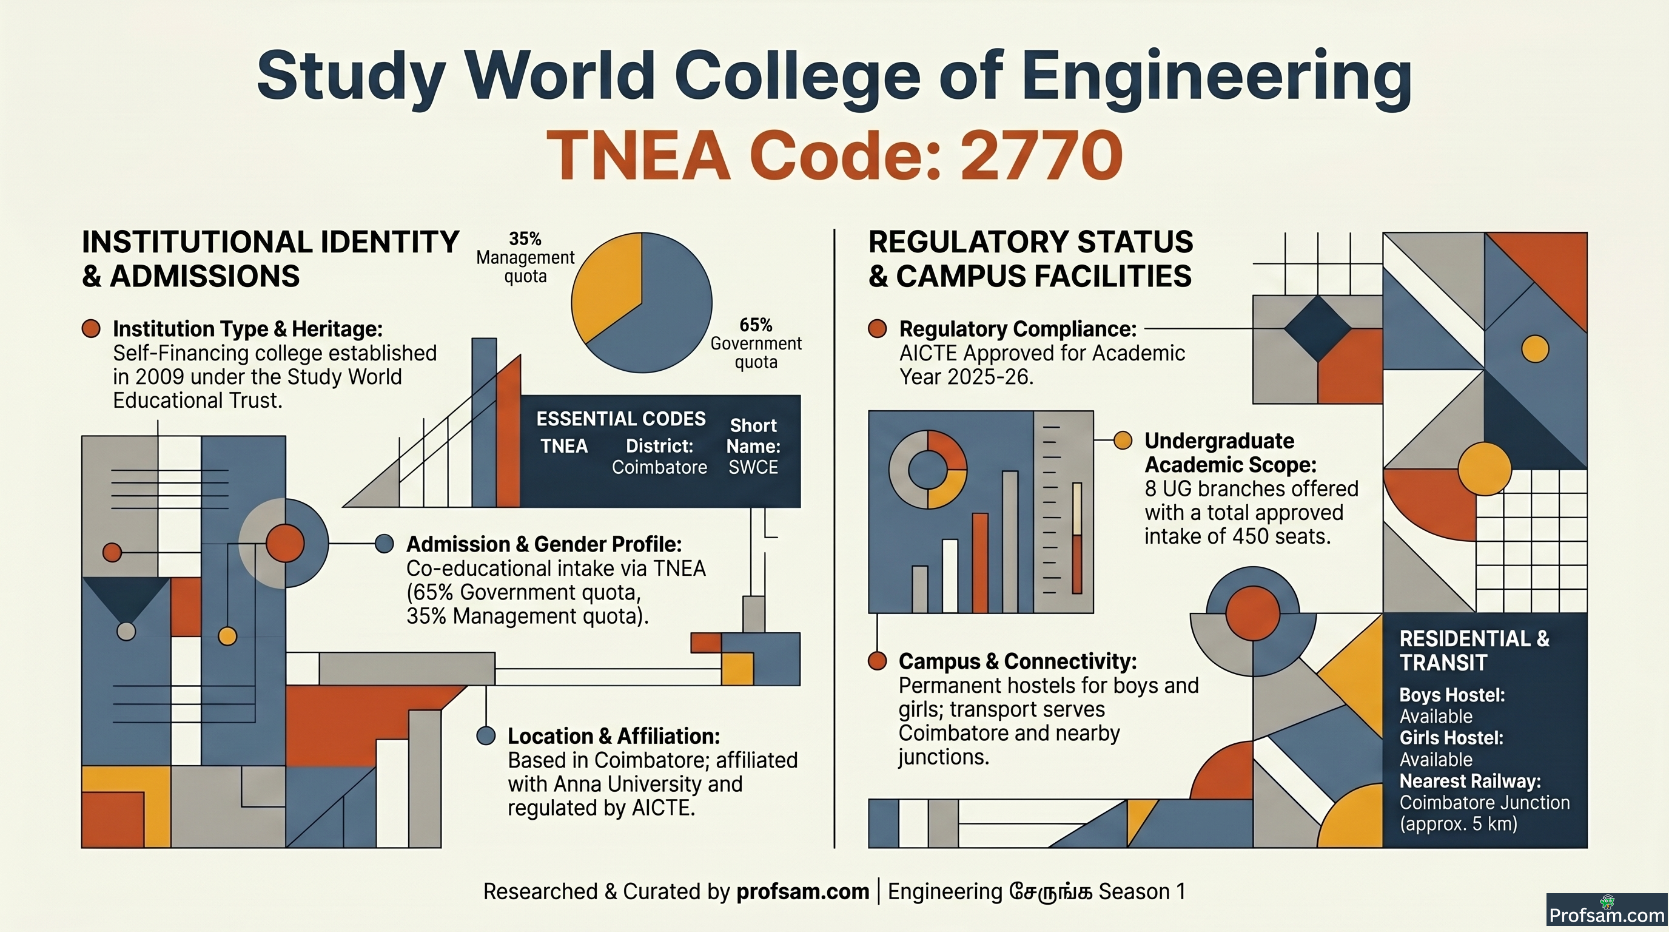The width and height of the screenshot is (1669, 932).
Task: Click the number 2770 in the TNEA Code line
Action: pyautogui.click(x=1041, y=155)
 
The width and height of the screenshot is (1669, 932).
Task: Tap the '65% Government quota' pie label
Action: pyautogui.click(x=756, y=343)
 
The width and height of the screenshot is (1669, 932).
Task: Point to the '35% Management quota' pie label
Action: pyautogui.click(x=525, y=257)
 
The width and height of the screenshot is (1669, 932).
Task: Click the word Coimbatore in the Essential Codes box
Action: pyautogui.click(x=660, y=467)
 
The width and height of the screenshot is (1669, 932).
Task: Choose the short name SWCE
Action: pyautogui.click(x=753, y=467)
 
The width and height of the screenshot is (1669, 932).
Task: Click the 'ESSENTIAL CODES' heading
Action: pyautogui.click(x=620, y=419)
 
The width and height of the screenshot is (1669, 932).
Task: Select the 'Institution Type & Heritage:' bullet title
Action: pyautogui.click(x=247, y=329)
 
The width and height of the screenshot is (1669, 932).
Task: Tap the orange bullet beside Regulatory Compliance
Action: pyautogui.click(x=878, y=329)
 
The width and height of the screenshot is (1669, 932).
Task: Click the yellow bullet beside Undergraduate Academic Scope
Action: pyautogui.click(x=1122, y=441)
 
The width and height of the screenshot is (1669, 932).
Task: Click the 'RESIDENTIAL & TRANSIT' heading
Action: pyautogui.click(x=1474, y=650)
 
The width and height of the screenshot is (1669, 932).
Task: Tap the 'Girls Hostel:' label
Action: pyautogui.click(x=1451, y=738)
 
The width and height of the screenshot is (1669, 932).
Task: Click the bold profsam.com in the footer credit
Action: pyautogui.click(x=803, y=891)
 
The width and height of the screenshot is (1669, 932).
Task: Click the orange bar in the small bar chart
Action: pyautogui.click(x=980, y=562)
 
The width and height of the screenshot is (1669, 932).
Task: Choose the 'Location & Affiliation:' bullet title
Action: pyautogui.click(x=614, y=736)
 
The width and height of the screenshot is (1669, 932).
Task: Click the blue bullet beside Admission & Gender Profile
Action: pyautogui.click(x=385, y=544)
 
